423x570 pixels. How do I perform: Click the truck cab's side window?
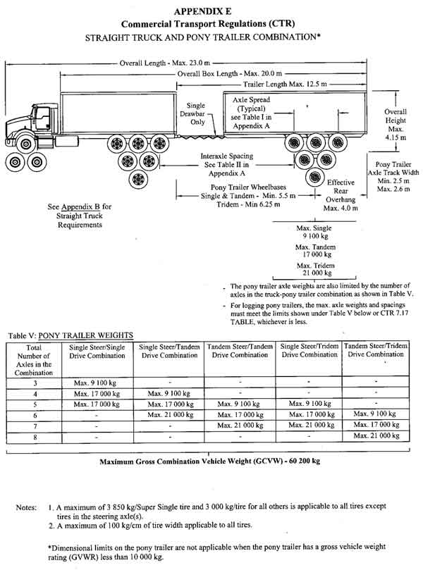point(39,113)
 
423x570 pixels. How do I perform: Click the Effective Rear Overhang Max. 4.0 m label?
point(341,195)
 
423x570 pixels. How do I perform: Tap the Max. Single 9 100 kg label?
point(315,232)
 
